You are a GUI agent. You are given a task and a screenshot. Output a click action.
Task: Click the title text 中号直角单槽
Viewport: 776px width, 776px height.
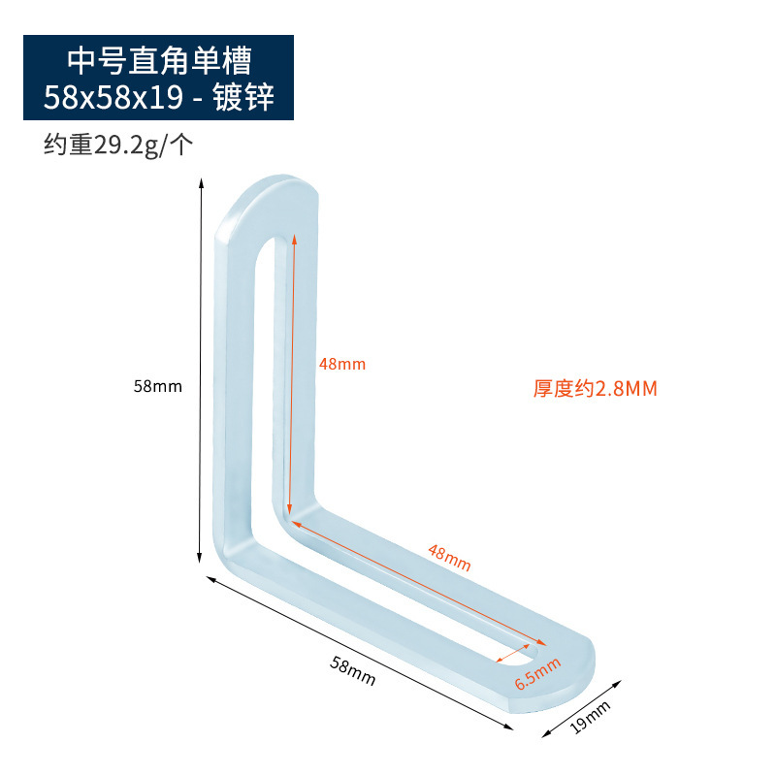pyautogui.click(x=158, y=60)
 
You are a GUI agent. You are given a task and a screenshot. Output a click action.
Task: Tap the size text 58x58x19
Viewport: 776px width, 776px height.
pyautogui.click(x=118, y=97)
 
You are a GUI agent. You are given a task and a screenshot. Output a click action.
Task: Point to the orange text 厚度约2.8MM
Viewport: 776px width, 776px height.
pyautogui.click(x=595, y=389)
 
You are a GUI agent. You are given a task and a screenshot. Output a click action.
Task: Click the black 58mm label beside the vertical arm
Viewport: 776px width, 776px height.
pyautogui.click(x=158, y=385)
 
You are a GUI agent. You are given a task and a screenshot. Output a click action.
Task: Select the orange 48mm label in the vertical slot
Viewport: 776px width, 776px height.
pyautogui.click(x=341, y=364)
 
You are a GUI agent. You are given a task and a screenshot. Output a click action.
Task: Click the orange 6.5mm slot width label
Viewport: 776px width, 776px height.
pyautogui.click(x=537, y=670)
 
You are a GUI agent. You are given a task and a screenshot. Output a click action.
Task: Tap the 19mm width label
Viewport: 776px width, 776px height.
pyautogui.click(x=590, y=718)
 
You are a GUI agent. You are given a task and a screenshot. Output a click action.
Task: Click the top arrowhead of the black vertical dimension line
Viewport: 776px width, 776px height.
pyautogui.click(x=201, y=182)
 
